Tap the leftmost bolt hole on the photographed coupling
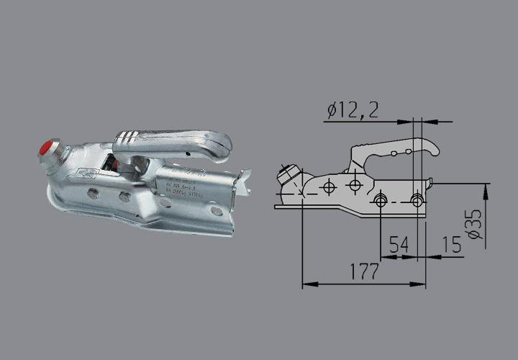(x=92, y=193)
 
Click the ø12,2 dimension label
(x=353, y=109)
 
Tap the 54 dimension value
(x=400, y=245)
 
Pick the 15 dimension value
(x=452, y=245)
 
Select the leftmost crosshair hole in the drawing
(x=329, y=187)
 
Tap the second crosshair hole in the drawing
(x=354, y=186)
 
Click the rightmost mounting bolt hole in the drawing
(x=417, y=199)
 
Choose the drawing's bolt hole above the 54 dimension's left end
(x=381, y=199)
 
